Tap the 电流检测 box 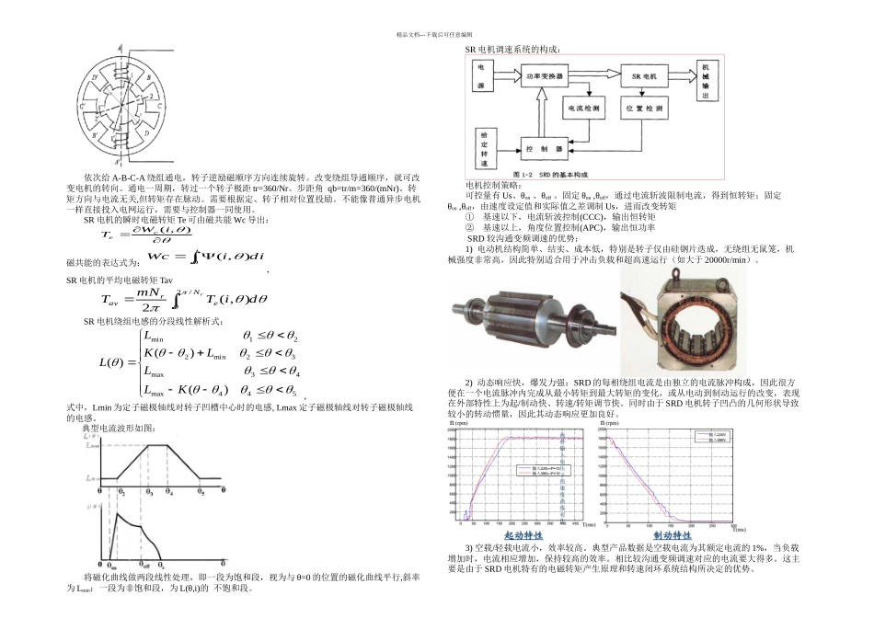[584, 109]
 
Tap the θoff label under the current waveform [144, 565]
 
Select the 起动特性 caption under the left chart [523, 535]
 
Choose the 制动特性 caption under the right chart [673, 535]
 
